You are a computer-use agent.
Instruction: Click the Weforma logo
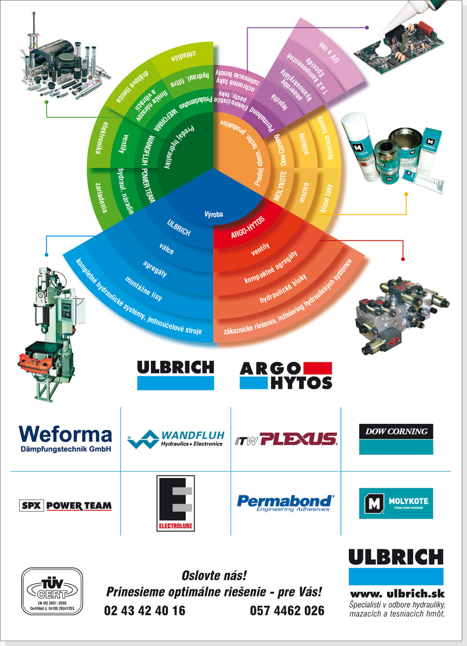point(65,438)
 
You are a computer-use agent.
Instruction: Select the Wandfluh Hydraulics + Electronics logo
point(176,439)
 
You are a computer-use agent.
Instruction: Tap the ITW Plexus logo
point(286,439)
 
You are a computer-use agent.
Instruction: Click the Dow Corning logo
point(396,439)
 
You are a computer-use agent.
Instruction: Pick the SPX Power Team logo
point(66,506)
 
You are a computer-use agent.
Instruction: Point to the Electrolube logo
point(176,503)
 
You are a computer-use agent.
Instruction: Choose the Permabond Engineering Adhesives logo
point(285,503)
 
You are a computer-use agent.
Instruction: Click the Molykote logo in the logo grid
point(396,503)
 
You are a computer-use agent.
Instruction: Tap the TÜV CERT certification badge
point(52,591)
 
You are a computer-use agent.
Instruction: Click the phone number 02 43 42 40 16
point(145,611)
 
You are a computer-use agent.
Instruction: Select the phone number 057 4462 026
point(287,611)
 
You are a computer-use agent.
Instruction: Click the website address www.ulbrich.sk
point(397,594)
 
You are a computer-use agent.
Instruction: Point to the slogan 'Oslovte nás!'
point(214,576)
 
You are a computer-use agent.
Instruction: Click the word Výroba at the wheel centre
point(214,214)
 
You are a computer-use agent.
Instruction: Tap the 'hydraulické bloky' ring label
point(283,288)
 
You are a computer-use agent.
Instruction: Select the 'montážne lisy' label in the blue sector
point(144,288)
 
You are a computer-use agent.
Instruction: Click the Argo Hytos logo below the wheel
point(286,376)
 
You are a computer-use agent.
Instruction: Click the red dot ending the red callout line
point(403,259)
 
